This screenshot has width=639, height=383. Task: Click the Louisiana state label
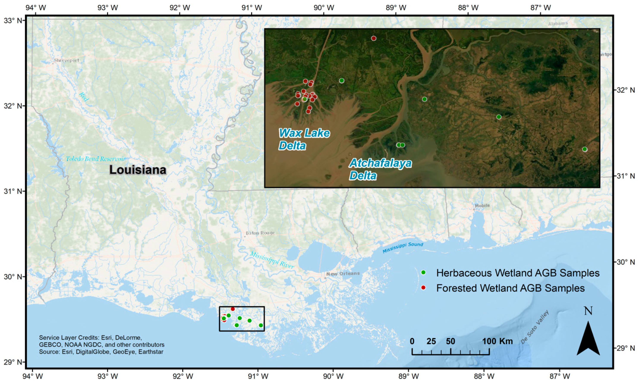tap(138, 170)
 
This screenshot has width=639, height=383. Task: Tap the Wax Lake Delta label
tap(304, 139)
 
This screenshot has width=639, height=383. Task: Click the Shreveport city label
tap(66, 61)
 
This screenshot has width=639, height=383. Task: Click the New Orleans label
tap(343, 274)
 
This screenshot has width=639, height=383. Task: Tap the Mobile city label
tap(482, 206)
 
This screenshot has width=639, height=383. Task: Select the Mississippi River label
tap(272, 260)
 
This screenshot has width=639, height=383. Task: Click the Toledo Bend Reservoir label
tap(96, 159)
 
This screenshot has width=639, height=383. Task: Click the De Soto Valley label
tap(534, 327)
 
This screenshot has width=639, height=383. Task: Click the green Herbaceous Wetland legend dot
tap(423, 273)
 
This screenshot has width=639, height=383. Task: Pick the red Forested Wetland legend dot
tap(423, 287)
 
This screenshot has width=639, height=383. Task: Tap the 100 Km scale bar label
tap(497, 341)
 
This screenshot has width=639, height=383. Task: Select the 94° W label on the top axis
tap(39, 8)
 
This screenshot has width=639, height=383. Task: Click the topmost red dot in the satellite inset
tap(374, 38)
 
